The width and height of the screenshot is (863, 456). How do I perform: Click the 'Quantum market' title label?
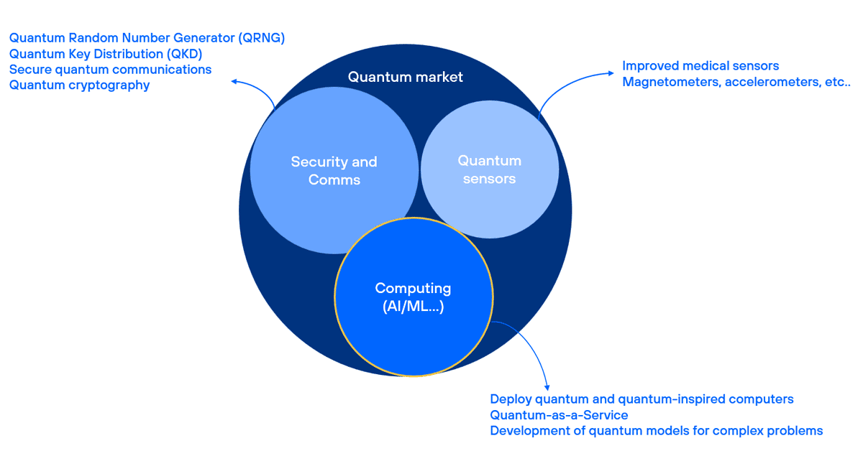click(x=406, y=77)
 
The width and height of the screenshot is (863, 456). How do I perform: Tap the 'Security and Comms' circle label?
click(x=334, y=171)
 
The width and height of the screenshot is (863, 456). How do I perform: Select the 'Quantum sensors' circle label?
click(x=489, y=169)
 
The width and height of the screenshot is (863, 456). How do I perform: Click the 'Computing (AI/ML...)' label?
click(x=413, y=297)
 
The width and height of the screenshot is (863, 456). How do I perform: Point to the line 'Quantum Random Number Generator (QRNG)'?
click(x=147, y=38)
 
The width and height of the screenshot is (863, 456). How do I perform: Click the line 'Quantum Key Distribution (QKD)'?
click(x=106, y=55)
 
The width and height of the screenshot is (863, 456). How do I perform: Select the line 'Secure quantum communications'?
click(x=111, y=70)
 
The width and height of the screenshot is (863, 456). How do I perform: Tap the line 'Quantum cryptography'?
click(x=79, y=85)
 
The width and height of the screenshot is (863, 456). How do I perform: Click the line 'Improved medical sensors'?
click(x=700, y=66)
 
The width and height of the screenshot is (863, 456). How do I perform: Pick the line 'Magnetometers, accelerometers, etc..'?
click(x=736, y=82)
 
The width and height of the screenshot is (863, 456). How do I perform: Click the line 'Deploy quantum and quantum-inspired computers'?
click(x=641, y=399)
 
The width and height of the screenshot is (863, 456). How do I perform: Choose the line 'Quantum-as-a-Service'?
click(x=559, y=415)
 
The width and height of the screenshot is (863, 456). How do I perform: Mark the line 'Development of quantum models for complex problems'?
click(x=657, y=431)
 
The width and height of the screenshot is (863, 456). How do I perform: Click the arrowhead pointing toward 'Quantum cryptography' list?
click(x=234, y=81)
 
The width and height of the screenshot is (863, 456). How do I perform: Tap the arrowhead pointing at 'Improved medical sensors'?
click(x=611, y=73)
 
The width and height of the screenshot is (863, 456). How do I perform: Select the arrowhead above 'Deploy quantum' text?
click(x=547, y=388)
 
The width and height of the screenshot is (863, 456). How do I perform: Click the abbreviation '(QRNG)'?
click(x=262, y=38)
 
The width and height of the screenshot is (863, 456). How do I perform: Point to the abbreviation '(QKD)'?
click(x=185, y=55)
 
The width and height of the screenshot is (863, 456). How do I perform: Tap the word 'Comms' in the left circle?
click(x=334, y=180)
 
